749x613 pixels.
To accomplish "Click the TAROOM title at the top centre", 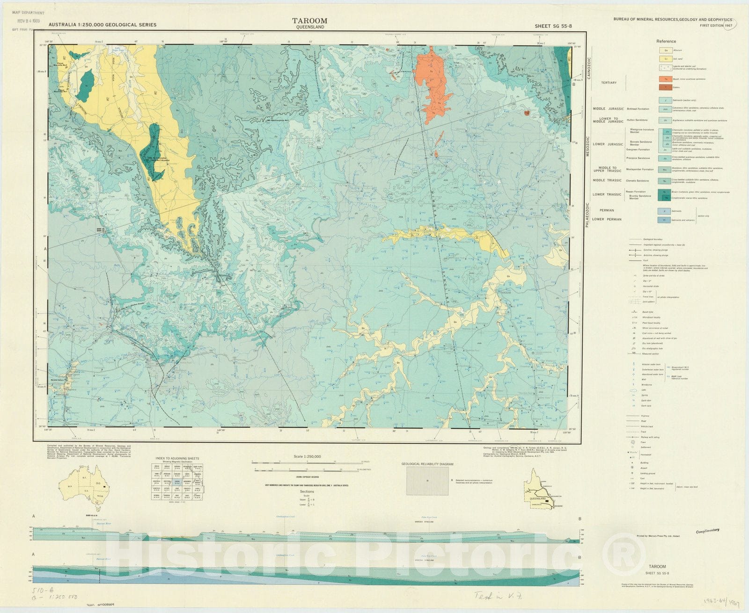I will (x=310, y=21).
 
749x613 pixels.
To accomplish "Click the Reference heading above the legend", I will (x=666, y=42).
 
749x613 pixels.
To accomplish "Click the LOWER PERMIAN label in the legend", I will (x=607, y=219).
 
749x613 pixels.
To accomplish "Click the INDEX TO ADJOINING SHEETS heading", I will (x=177, y=459).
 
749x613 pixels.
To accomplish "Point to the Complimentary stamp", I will (x=707, y=531).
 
